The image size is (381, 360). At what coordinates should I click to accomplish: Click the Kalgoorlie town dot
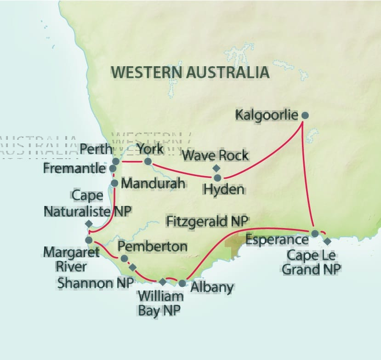pyautogui.click(x=304, y=115)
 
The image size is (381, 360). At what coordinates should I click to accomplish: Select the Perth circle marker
pyautogui.click(x=116, y=162)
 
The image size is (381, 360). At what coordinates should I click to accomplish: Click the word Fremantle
pyautogui.click(x=74, y=168)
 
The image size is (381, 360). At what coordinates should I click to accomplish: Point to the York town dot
pyautogui.click(x=148, y=161)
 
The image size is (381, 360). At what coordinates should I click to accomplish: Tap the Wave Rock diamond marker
pyautogui.click(x=216, y=168)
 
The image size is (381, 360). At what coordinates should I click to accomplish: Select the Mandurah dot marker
pyautogui.click(x=115, y=183)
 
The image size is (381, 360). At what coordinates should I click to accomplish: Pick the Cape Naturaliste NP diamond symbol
pyautogui.click(x=89, y=224)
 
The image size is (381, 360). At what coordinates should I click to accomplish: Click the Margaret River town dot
pyautogui.click(x=89, y=240)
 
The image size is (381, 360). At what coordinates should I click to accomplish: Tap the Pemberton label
pyautogui.click(x=153, y=246)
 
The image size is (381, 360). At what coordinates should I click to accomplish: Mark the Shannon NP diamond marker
pyautogui.click(x=133, y=267)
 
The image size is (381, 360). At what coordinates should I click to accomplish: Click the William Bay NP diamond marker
pyautogui.click(x=163, y=281)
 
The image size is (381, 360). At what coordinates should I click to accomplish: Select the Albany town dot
pyautogui.click(x=182, y=283)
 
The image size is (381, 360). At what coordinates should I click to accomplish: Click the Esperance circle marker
pyautogui.click(x=315, y=234)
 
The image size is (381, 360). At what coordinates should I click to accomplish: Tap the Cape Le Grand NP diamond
pyautogui.click(x=327, y=241)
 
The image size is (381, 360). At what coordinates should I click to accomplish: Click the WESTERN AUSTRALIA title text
pyautogui.click(x=190, y=72)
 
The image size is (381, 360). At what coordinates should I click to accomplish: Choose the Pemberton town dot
pyautogui.click(x=124, y=258)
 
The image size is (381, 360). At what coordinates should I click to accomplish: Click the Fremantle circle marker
pyautogui.click(x=113, y=169)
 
